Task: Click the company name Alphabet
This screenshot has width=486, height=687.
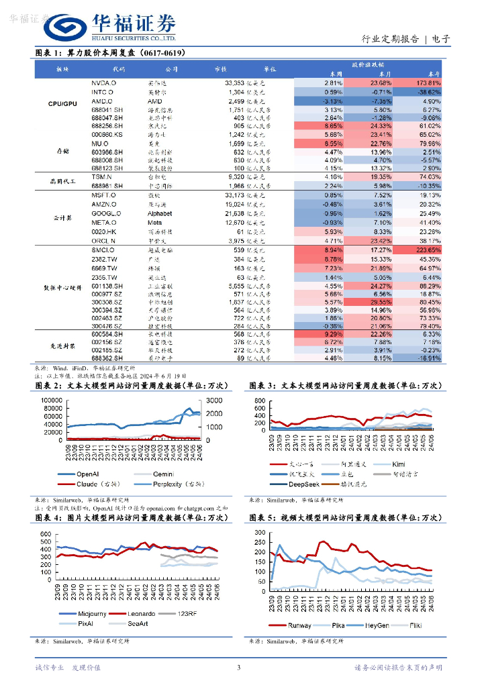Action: pyautogui.click(x=159, y=213)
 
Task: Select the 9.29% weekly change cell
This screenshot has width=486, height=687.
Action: pyautogui.click(x=333, y=333)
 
